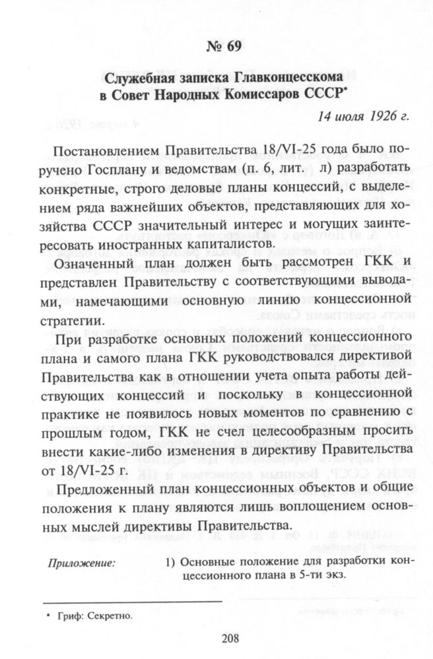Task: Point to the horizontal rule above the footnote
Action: (x=132, y=602)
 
